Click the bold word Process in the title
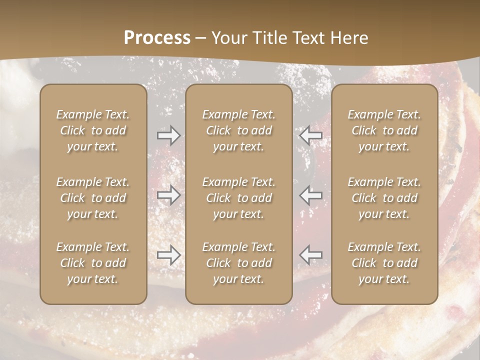157,38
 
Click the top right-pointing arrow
168,135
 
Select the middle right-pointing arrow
168,195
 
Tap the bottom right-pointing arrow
168,255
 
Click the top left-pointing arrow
310,135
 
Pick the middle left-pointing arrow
310,195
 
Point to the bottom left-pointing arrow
310,255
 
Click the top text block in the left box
93,130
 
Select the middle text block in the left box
93,198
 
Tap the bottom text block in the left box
93,263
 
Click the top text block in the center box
239,130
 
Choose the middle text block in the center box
239,198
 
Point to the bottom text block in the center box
239,263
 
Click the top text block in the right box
384,130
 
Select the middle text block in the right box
384,198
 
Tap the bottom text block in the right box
384,263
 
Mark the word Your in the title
227,38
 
